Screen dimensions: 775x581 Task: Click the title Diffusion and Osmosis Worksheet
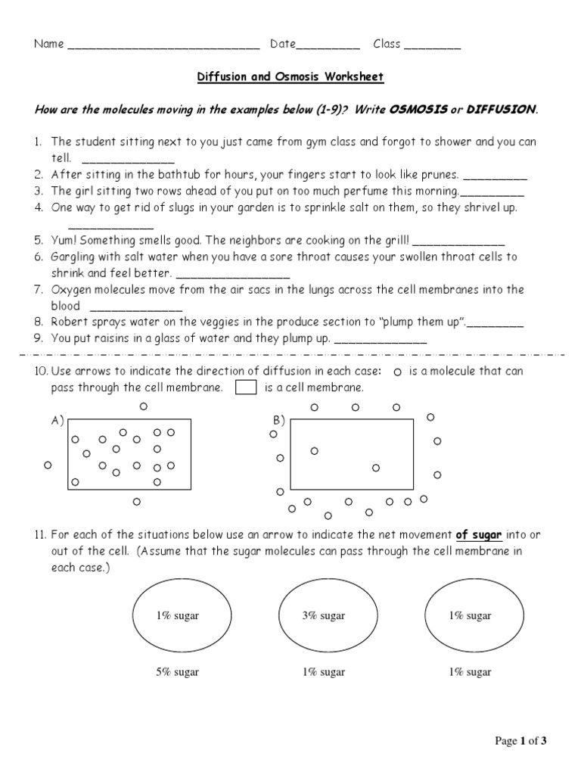click(290, 76)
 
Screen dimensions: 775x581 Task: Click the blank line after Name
click(163, 46)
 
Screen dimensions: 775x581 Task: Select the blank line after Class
click(432, 46)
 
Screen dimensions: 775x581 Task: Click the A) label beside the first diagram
click(57, 422)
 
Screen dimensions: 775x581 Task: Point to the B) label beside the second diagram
click(278, 421)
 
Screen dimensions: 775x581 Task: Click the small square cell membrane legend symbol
click(246, 387)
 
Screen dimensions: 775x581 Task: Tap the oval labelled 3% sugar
click(323, 616)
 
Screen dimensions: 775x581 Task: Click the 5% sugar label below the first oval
click(177, 672)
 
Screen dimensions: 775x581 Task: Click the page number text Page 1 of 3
click(520, 741)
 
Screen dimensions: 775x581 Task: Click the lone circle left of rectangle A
click(48, 465)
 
